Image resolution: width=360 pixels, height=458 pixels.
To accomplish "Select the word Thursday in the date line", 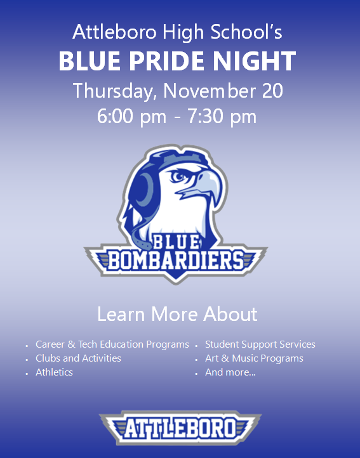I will [x=114, y=90].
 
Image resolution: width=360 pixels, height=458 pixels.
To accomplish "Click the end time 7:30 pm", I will [x=222, y=117].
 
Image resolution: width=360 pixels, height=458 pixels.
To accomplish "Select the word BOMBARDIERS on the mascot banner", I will [x=176, y=260].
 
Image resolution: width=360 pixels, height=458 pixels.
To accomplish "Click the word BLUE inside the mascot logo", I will [x=177, y=242].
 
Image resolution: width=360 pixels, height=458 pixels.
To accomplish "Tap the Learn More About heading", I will [x=177, y=314].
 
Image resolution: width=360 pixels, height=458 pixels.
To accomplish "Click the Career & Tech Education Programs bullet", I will [x=112, y=344].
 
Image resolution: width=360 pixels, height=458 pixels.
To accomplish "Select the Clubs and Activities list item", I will [x=78, y=358].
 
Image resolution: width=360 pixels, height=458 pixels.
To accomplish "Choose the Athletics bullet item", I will [x=54, y=372].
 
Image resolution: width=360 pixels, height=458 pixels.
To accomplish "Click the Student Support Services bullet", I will [x=260, y=344].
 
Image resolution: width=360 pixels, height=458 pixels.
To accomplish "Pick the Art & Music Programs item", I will [x=254, y=358].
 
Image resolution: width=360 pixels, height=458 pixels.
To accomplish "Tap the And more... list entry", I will [x=230, y=372].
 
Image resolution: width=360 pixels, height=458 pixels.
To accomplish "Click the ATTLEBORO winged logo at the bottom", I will [x=180, y=428].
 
